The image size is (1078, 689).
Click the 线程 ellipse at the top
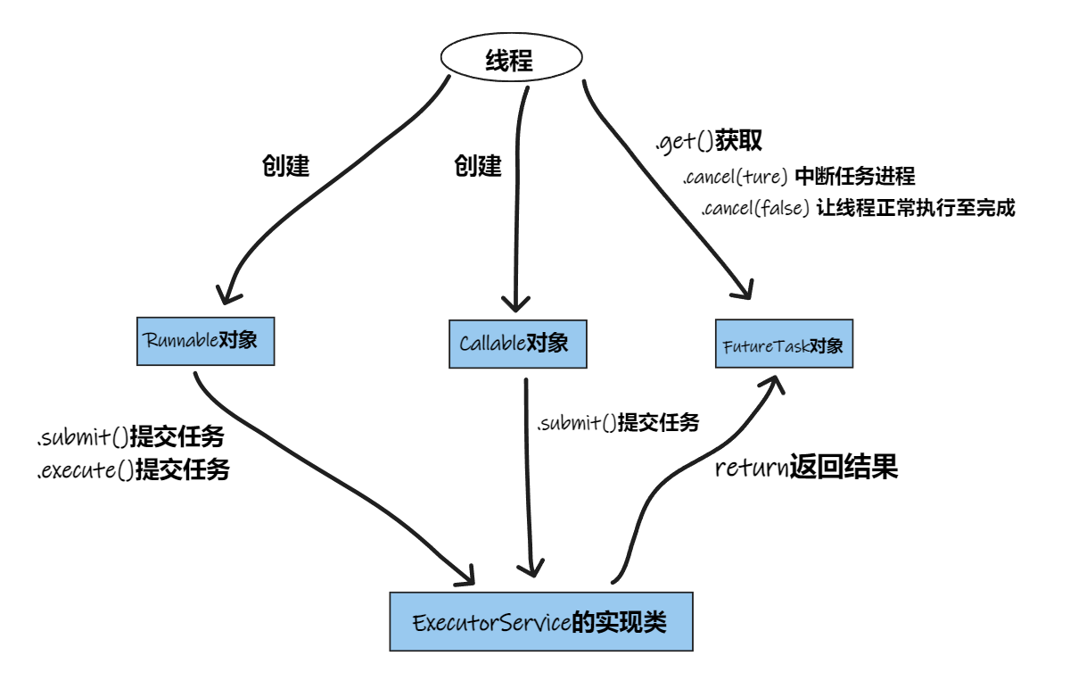coord(511,61)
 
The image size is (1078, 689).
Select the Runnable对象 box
coord(205,340)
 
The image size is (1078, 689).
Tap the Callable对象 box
coord(517,344)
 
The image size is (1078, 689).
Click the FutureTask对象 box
coord(784,344)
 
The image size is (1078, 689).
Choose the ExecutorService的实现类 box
coord(540,621)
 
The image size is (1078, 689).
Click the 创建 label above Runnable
coord(285,167)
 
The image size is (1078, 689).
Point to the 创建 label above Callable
coord(478,166)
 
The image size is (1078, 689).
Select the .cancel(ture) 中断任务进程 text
coord(798,176)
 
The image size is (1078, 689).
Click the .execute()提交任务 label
coord(132,470)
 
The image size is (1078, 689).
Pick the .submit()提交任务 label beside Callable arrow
coord(617,423)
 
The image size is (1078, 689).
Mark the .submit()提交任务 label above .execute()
coord(129,437)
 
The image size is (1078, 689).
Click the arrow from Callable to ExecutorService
coord(530,482)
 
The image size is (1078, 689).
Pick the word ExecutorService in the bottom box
coord(490,622)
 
